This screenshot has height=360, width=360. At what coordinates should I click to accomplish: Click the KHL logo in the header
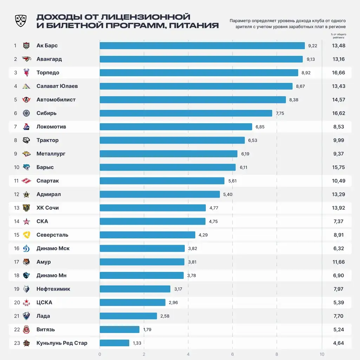tap(20, 21)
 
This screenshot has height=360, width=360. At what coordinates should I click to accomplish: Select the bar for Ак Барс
tap(202, 46)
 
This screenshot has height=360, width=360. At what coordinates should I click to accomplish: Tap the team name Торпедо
tap(48, 73)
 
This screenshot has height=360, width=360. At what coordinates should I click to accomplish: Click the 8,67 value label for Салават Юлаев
tap(300, 86)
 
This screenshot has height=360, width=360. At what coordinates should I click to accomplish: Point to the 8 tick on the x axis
tap(277, 354)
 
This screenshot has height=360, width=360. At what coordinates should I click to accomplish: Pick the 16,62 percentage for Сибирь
tap(339, 113)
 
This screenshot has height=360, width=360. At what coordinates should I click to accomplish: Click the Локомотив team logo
tap(26, 127)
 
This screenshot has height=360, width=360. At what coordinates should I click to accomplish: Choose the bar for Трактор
tap(172, 140)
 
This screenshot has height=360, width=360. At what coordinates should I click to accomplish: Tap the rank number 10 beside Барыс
tap(17, 167)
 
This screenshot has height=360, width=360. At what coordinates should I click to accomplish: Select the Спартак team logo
tap(26, 181)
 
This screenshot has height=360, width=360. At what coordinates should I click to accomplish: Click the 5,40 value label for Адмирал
tap(228, 194)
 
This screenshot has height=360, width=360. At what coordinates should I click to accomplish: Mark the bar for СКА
tap(152, 221)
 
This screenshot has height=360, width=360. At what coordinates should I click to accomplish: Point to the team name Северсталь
tap(52, 235)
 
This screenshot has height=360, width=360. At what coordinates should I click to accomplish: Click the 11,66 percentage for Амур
tap(339, 262)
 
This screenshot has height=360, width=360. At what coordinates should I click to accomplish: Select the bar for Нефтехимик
tap(135, 289)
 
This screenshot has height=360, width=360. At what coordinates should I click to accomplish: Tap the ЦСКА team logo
tap(26, 302)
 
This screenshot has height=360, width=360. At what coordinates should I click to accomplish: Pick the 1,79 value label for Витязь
tap(147, 329)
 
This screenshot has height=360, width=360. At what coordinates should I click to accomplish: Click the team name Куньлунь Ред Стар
tap(62, 343)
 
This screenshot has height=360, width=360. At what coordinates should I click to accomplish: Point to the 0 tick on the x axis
tap(100, 354)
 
